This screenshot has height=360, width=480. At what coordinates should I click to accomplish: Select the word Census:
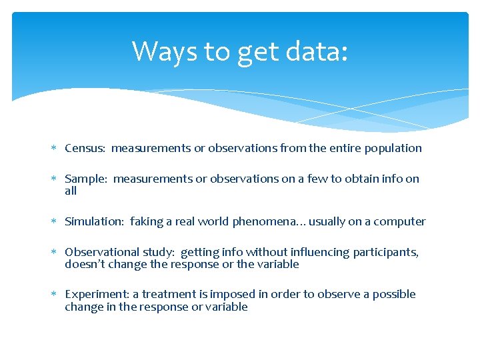point(85,148)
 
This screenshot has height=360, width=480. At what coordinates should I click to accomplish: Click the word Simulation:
point(94,221)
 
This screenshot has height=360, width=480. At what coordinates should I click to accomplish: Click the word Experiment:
point(94,295)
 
